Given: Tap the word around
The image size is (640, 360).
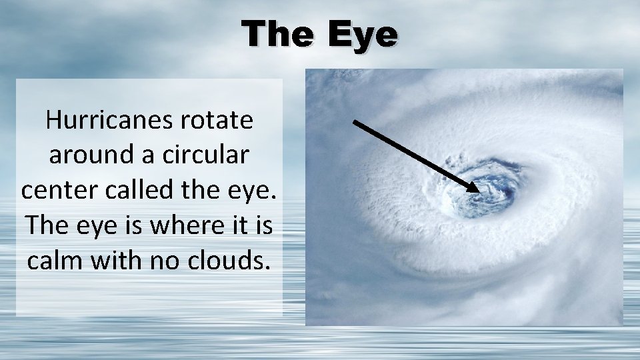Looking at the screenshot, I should point(91,155).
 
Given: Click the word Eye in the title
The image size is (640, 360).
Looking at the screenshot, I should point(363,35).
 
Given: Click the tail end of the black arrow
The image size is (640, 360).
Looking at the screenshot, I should point(354,121).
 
